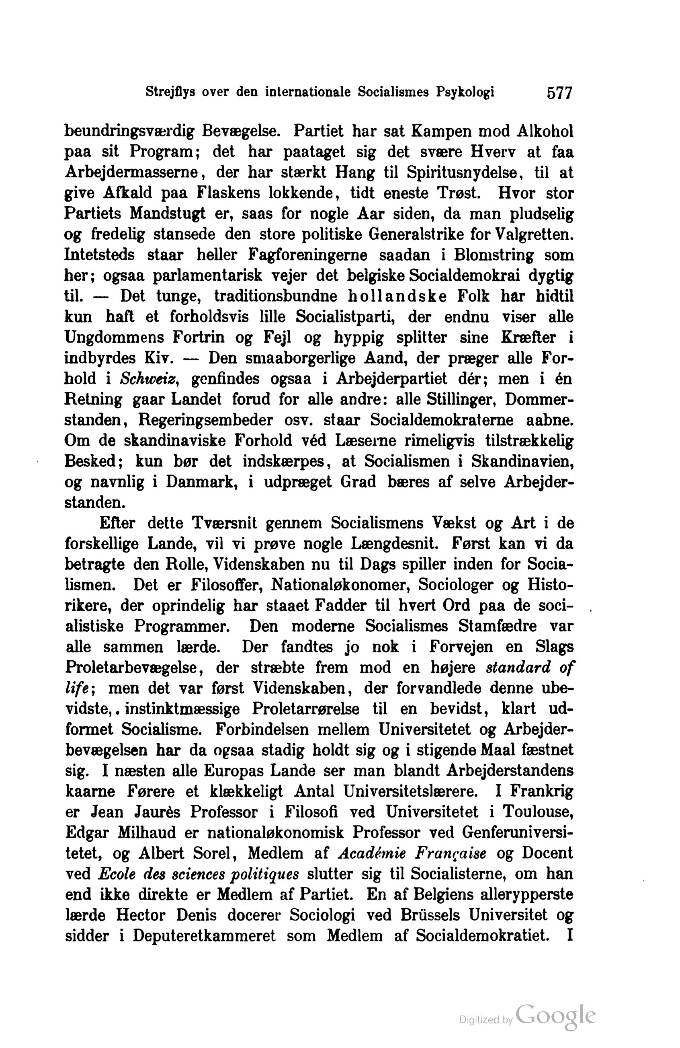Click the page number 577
pyautogui.click(x=559, y=93)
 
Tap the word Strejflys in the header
pyautogui.click(x=170, y=92)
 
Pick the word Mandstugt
pyautogui.click(x=167, y=214)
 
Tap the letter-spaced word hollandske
pyautogui.click(x=397, y=296)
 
